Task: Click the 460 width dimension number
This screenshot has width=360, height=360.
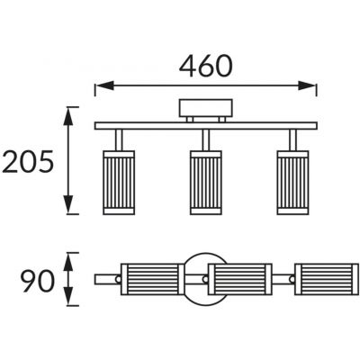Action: tap(206, 66)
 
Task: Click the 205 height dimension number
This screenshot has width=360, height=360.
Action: tap(28, 162)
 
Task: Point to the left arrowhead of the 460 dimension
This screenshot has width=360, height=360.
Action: tap(104, 85)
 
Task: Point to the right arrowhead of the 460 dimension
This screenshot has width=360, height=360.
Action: tap(307, 85)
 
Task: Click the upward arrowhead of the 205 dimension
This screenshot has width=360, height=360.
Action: tap(68, 116)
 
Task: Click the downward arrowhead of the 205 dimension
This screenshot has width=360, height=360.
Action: tap(68, 204)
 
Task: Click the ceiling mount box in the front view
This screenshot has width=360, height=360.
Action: tap(206, 108)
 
